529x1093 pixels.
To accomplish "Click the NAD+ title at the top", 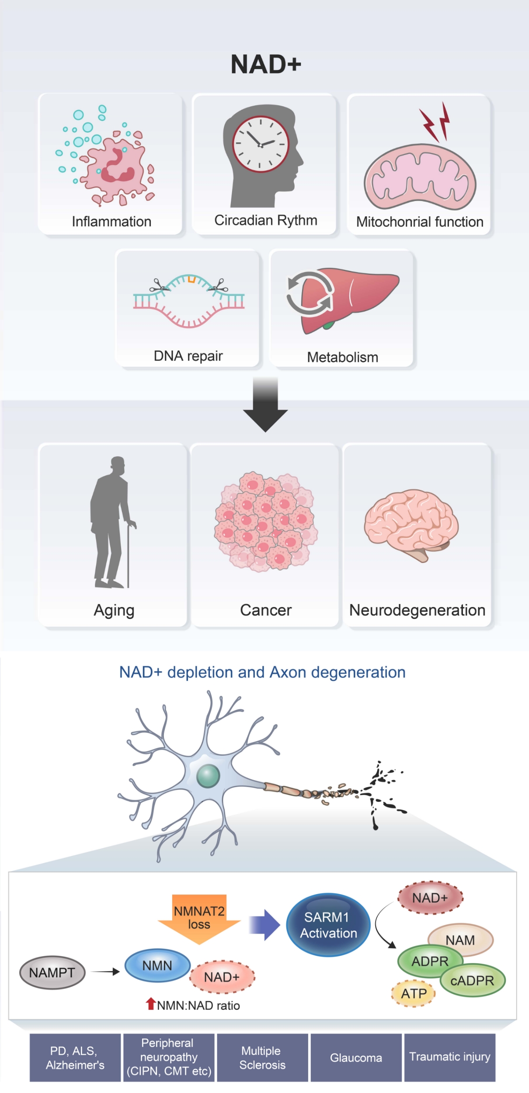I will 265,65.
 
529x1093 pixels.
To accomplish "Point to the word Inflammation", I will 111,222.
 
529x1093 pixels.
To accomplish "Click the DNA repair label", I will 188,356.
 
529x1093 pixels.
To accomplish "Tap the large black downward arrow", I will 265,406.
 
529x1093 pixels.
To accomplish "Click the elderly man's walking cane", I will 129,555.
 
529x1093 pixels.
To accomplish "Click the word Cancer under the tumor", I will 266,610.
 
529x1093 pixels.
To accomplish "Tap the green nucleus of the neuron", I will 208,776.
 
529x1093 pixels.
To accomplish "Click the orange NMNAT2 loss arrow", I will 199,918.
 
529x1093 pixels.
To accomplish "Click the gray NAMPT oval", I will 52,972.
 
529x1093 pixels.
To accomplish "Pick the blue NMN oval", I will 157,965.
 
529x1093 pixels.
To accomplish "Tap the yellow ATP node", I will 414,993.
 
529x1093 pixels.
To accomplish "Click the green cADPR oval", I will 473,980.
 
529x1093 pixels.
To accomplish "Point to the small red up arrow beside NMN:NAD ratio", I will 151,1003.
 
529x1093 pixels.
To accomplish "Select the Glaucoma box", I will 356,1058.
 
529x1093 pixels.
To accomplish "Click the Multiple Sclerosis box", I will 262,1058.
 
